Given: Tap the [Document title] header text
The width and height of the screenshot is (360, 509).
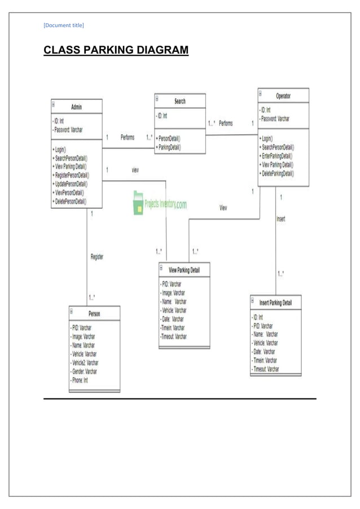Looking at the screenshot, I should click(64, 24).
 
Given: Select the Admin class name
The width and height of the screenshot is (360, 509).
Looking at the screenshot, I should click(77, 106).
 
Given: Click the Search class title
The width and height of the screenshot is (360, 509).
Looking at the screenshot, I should click(180, 101).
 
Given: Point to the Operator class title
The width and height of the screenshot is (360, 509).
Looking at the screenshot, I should click(283, 95).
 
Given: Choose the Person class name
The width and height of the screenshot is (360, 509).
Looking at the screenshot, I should click(94, 313).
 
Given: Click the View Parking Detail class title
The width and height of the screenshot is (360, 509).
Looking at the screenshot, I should click(184, 270).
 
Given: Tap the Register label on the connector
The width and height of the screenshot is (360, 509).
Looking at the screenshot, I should click(97, 257).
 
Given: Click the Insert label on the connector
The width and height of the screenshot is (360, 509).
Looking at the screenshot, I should click(280, 219).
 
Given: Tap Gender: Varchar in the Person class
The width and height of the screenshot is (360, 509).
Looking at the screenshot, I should click(84, 371).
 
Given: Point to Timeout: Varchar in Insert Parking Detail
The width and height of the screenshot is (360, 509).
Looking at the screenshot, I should click(265, 369).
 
